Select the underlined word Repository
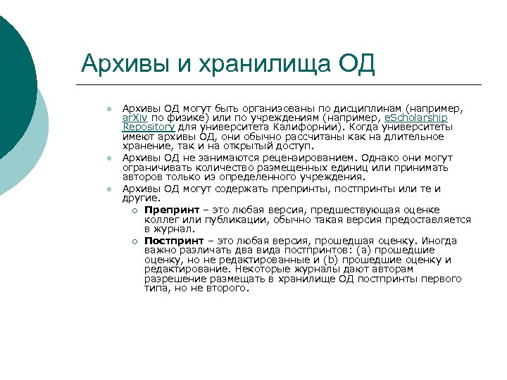(x=146, y=127)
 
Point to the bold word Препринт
(x=169, y=210)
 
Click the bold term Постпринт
(x=171, y=240)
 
